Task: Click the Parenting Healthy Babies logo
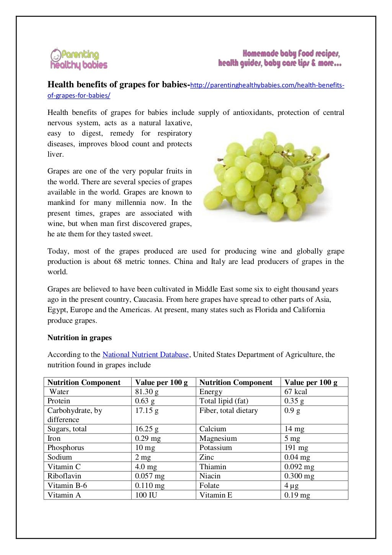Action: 79,59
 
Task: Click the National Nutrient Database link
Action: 145,355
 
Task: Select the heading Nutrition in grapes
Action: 80,338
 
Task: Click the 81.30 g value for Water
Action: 147,392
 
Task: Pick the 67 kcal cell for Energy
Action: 296,392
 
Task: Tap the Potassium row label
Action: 216,448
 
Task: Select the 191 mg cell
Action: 296,448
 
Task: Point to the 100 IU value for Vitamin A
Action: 146,495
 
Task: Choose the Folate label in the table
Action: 209,486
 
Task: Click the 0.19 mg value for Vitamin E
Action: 297,495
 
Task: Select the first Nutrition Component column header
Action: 84,382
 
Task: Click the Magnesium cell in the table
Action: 218,439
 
